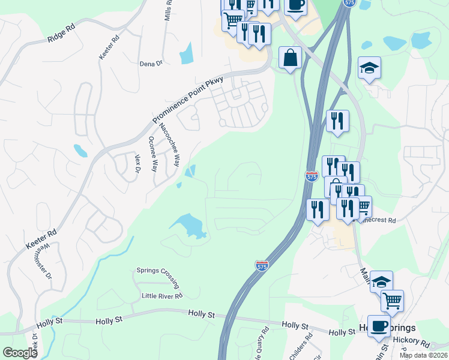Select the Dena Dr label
coord(151,64)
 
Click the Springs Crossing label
coord(158,271)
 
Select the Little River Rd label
coord(162,296)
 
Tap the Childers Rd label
coord(301,346)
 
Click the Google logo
coord(20,353)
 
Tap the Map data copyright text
coord(423,355)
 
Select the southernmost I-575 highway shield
coord(262,265)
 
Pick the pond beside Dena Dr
coord(187,54)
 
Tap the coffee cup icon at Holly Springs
coord(378,326)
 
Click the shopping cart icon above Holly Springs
coord(392,299)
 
